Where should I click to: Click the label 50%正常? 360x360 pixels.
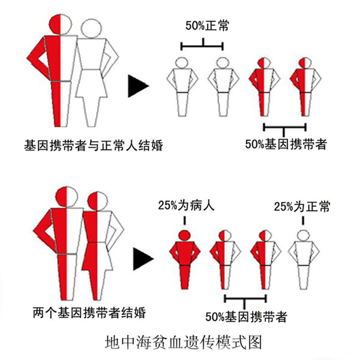click(207, 26)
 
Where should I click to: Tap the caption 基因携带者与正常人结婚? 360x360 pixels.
click(94, 145)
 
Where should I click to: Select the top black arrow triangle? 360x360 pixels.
click(139, 86)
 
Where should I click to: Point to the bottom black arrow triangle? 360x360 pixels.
click(143, 259)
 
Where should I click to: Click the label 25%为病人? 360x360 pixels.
click(186, 205)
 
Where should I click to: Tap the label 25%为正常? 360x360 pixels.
click(302, 206)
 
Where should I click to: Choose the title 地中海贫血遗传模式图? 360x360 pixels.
click(184, 343)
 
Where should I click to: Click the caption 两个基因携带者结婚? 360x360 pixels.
click(89, 313)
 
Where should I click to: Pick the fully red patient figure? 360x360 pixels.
click(185, 259)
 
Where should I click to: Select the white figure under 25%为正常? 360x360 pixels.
click(303, 259)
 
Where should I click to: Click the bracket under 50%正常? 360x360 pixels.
click(202, 46)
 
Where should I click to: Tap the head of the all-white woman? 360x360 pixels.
click(91, 28)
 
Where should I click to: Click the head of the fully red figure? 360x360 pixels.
click(185, 235)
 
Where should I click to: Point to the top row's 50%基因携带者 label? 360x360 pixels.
click(286, 144)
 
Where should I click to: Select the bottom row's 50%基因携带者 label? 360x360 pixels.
click(247, 317)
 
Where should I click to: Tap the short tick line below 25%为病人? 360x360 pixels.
click(185, 221)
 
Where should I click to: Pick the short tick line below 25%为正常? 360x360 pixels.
click(303, 221)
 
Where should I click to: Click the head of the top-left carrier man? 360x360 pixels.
click(61, 25)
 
